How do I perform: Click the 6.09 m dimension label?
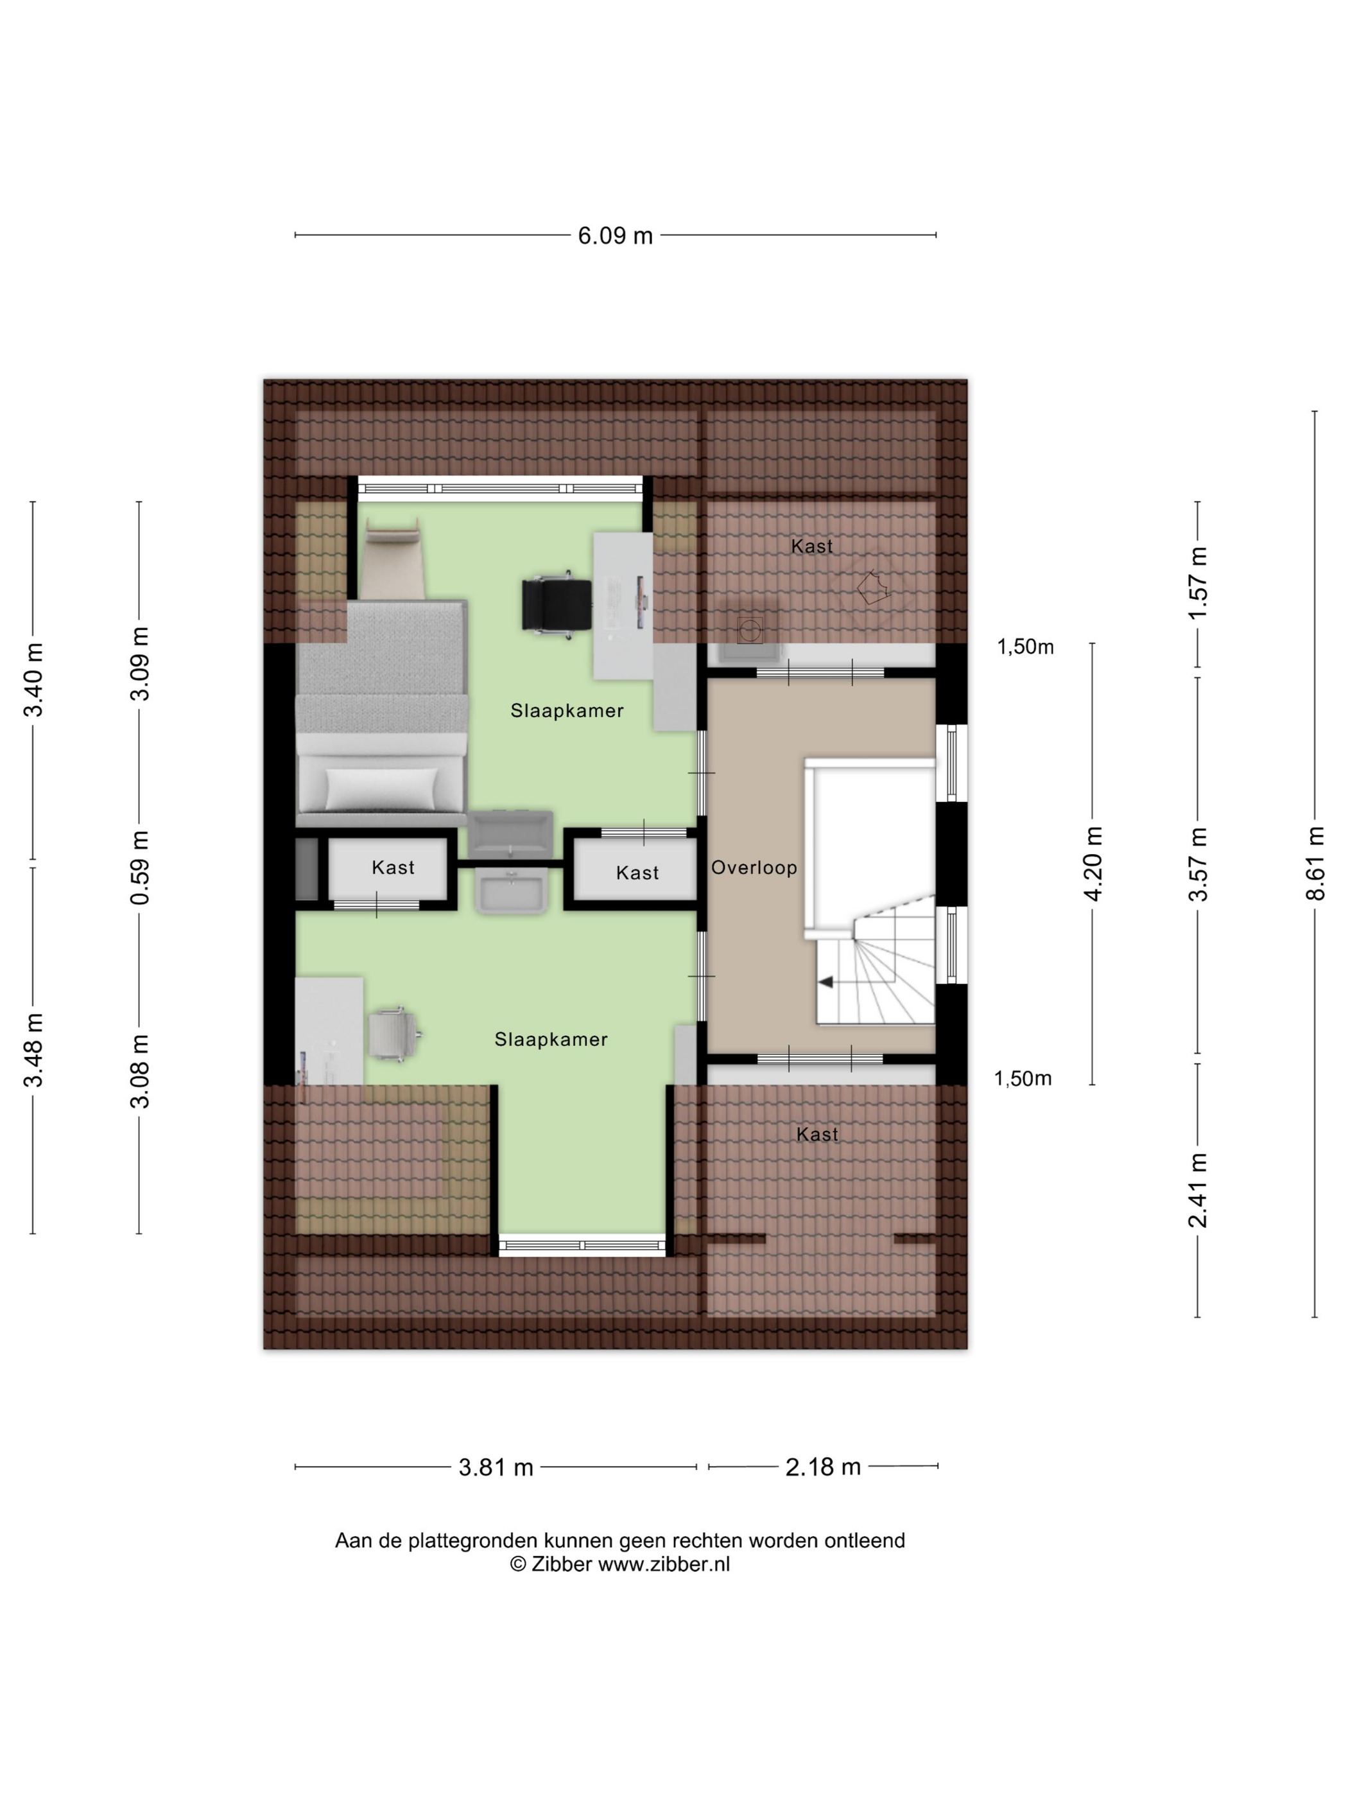(615, 236)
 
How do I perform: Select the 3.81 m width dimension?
(496, 1467)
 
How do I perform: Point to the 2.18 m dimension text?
(823, 1467)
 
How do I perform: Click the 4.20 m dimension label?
(1093, 863)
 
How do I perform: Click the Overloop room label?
(754, 868)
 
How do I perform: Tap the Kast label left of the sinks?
(393, 868)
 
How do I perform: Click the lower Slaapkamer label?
(551, 1040)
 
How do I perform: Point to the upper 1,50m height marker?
(1025, 647)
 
